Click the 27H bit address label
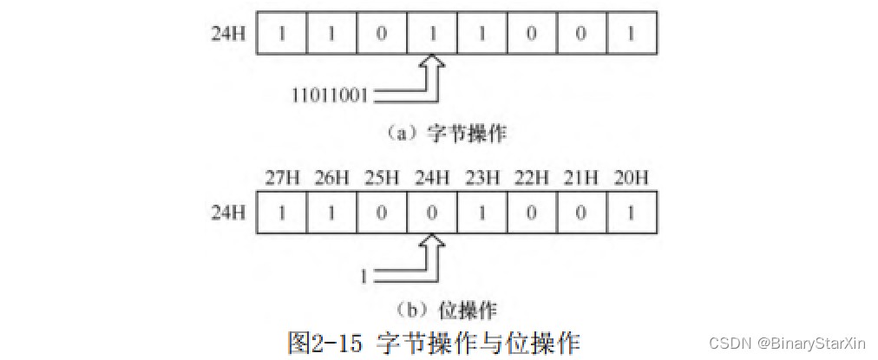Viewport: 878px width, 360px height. (282, 180)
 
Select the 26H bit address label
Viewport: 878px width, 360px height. (332, 180)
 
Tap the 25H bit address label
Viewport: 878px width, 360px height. (382, 180)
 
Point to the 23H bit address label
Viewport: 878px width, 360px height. (482, 180)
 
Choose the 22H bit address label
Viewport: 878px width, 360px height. (533, 180)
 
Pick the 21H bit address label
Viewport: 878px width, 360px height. (582, 180)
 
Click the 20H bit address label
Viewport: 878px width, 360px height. (632, 180)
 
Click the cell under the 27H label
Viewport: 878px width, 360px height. (281, 211)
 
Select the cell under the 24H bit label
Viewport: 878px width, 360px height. (432, 211)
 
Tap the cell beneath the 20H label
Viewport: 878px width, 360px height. (632, 211)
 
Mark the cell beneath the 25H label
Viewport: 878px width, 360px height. (382, 211)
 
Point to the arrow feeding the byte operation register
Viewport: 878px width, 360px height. (431, 79)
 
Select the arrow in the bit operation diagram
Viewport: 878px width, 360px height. (431, 256)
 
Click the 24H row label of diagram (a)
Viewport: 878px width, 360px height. (227, 36)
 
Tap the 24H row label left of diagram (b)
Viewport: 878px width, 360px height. (227, 211)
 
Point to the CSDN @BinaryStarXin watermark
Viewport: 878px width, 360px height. (789, 343)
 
